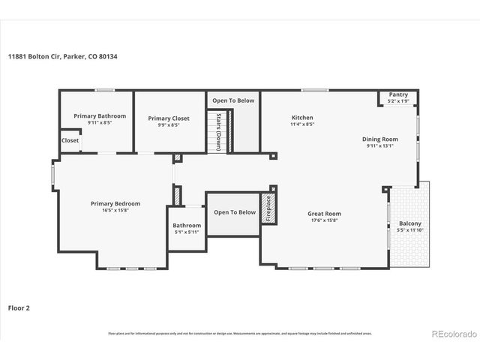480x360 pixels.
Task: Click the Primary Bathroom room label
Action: click(100, 116)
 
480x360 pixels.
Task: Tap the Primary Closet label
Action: click(169, 118)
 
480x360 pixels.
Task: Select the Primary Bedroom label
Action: click(115, 203)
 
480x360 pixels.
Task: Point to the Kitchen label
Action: click(302, 118)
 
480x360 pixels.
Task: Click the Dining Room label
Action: click(380, 139)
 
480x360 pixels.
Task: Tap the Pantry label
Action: click(398, 94)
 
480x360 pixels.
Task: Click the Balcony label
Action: click(409, 223)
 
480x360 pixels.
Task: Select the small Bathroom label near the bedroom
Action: click(187, 225)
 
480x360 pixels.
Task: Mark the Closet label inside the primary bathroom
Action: click(70, 140)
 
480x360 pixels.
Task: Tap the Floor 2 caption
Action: click(19, 307)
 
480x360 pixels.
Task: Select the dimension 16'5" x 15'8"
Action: click(115, 210)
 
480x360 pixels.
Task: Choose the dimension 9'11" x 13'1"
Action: click(380, 145)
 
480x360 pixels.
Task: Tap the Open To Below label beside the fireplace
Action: click(235, 212)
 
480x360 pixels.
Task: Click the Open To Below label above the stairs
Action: click(233, 100)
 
